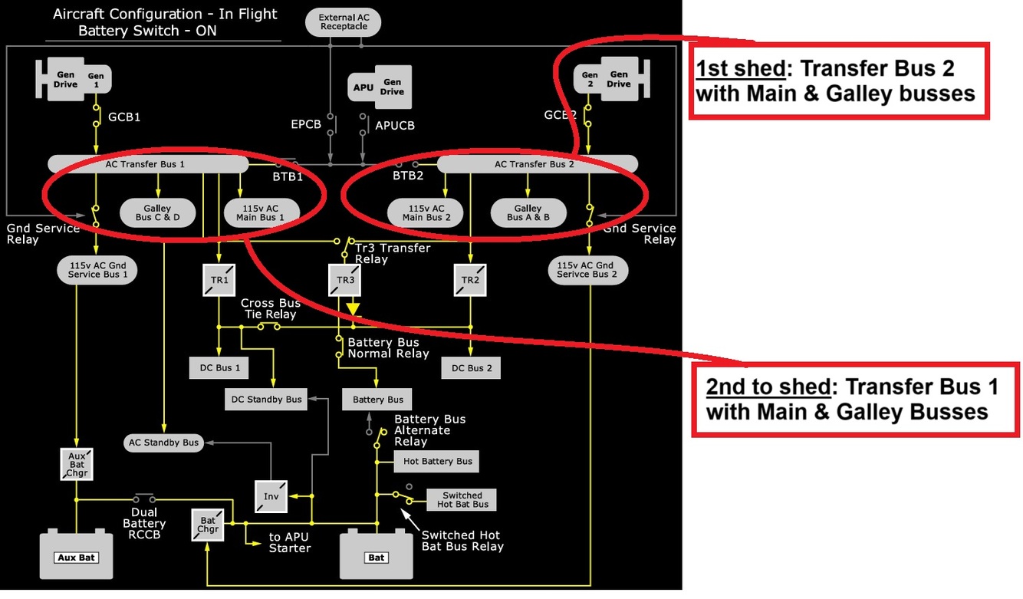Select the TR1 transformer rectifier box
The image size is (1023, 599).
point(219,280)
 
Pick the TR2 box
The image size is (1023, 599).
point(469,280)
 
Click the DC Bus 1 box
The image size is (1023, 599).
point(219,367)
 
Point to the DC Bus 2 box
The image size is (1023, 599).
point(471,367)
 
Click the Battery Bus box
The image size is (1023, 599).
point(377,399)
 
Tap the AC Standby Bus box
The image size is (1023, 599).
point(163,442)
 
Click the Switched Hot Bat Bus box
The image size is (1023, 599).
point(462,499)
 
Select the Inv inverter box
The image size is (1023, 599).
point(271,495)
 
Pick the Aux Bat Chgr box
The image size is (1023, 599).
point(76,464)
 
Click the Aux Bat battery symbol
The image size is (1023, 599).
point(76,554)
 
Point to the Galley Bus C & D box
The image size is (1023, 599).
point(157,213)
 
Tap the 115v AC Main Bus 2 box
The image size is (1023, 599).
point(423,213)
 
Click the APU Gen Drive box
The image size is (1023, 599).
point(380,87)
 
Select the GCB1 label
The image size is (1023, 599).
point(124,117)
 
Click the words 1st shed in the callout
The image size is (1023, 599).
point(741,69)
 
